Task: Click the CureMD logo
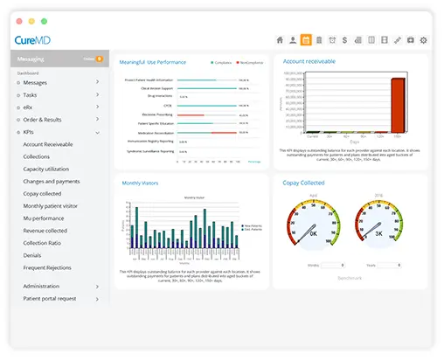pos(32,40)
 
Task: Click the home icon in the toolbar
pos(280,40)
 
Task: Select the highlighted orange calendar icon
pos(305,40)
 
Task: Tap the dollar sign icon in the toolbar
pos(345,40)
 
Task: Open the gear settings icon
pos(424,40)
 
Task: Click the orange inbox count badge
pos(99,59)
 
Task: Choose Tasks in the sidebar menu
pos(31,94)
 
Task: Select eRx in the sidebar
pos(28,107)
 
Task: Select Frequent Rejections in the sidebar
pos(47,267)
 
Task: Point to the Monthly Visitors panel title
pos(142,183)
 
